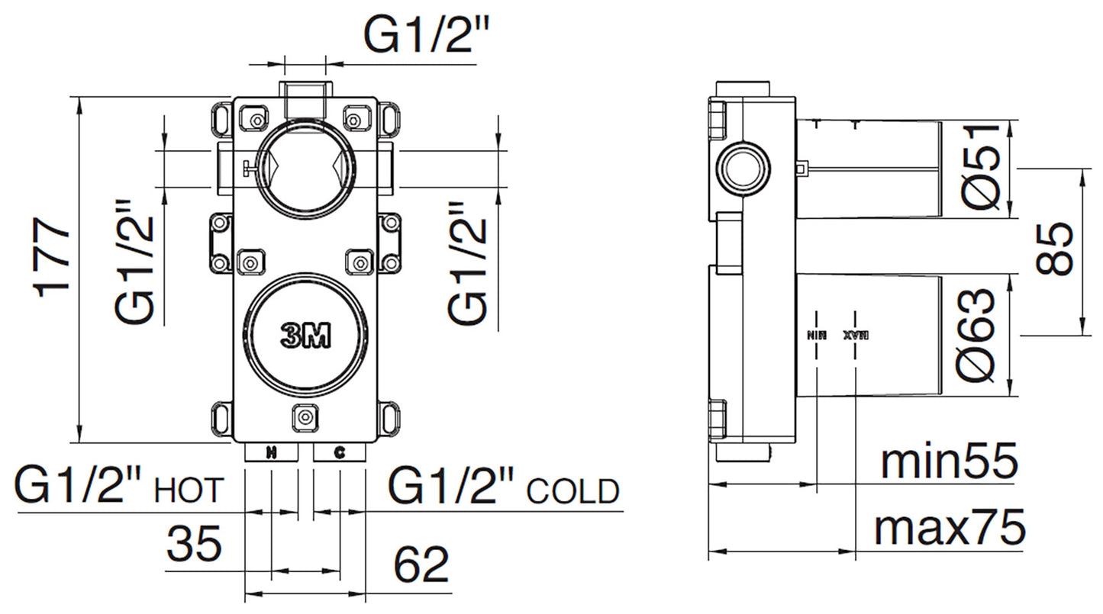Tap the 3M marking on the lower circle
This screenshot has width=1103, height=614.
[305, 336]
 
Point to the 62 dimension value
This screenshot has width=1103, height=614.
[421, 565]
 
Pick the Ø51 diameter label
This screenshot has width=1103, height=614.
[980, 167]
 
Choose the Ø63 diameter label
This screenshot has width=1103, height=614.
[980, 335]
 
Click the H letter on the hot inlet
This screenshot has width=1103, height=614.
[271, 454]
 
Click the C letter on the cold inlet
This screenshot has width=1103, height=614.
[340, 454]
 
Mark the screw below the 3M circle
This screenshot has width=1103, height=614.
[305, 416]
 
